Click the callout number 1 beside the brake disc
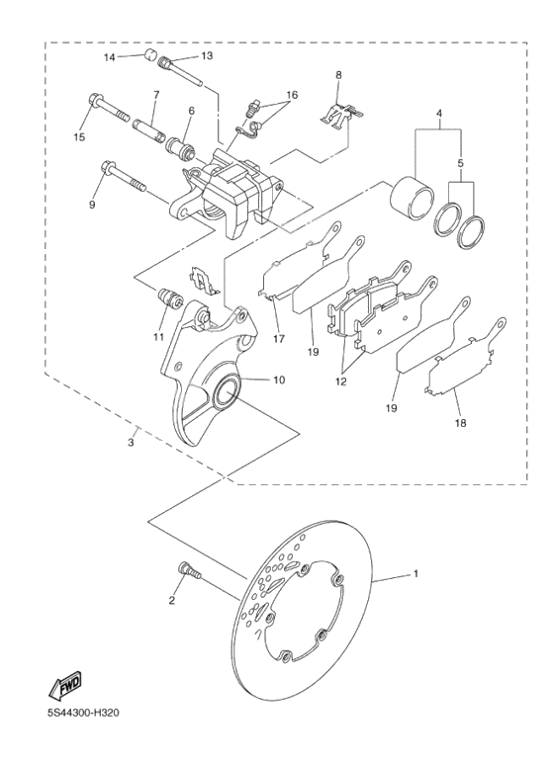416,574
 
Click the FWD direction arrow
65,685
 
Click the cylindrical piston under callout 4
411,197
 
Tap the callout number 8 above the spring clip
338,75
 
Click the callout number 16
291,96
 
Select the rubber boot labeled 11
169,297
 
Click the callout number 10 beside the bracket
279,380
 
